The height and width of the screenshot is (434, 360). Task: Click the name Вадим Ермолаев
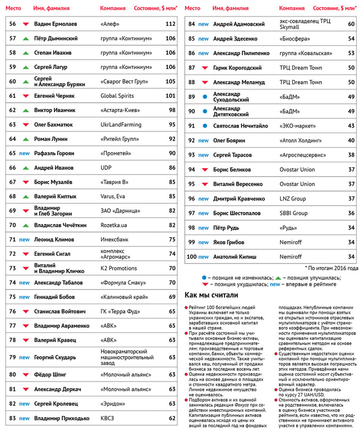click(55, 24)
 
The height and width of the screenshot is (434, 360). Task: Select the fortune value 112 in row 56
click(170, 24)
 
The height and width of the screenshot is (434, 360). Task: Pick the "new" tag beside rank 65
click(24, 154)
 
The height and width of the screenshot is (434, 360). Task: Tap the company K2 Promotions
click(119, 268)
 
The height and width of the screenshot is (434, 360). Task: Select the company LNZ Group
click(292, 198)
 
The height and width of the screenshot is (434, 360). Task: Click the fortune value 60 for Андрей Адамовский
click(351, 24)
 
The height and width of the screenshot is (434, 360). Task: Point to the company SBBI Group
click(293, 213)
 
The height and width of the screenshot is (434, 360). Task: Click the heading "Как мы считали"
click(211, 295)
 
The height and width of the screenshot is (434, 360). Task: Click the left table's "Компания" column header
click(114, 9)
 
